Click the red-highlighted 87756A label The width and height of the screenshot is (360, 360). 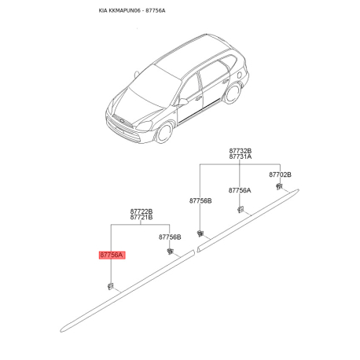112,255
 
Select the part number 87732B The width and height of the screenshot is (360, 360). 241,151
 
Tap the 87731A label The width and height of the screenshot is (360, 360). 241,156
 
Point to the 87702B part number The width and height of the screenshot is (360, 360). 280,174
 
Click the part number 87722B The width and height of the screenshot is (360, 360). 141,211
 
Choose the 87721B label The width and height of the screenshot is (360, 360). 141,217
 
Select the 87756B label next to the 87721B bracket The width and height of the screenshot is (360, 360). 170,237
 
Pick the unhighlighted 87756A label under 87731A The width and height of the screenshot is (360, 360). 240,190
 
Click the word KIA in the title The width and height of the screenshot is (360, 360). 103,11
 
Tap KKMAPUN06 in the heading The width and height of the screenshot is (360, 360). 125,11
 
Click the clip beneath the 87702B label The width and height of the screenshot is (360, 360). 279,187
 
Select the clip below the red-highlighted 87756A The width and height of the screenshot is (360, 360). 111,286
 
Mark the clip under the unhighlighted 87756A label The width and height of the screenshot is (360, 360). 241,210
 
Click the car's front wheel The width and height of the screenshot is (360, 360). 164,133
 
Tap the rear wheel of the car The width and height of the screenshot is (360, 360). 233,93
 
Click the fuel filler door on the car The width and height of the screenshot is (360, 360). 240,75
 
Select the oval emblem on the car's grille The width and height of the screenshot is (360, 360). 122,120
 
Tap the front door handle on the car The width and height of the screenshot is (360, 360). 198,98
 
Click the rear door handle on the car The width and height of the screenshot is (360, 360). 225,82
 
